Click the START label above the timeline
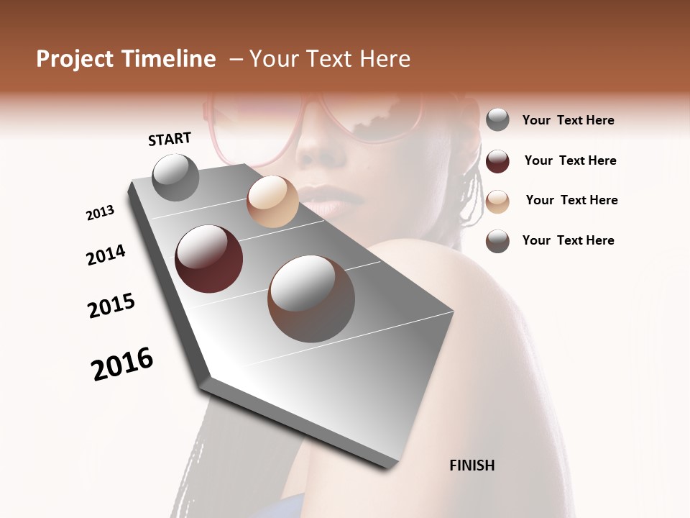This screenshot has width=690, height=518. pyautogui.click(x=170, y=139)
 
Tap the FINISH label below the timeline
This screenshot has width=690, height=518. pyautogui.click(x=471, y=465)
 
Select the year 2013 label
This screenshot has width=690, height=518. pyautogui.click(x=100, y=212)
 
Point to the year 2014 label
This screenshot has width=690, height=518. pyautogui.click(x=106, y=255)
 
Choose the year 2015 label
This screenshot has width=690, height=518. pyautogui.click(x=111, y=305)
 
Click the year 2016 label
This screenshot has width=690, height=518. pyautogui.click(x=122, y=363)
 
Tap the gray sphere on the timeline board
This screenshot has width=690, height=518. pyautogui.click(x=175, y=177)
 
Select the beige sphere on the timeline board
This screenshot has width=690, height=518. pyautogui.click(x=272, y=201)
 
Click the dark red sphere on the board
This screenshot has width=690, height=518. pyautogui.click(x=208, y=259)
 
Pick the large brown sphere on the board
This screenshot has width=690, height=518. pyautogui.click(x=311, y=298)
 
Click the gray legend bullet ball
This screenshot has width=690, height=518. pyautogui.click(x=497, y=120)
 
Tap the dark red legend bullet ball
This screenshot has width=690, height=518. pyautogui.click(x=497, y=160)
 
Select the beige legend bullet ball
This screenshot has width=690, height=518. pyautogui.click(x=497, y=201)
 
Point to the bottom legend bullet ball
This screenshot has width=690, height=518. pyautogui.click(x=497, y=241)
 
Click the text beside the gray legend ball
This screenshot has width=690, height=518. pyautogui.click(x=568, y=120)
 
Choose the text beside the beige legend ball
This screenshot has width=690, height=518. pyautogui.click(x=571, y=200)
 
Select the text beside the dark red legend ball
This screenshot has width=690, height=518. pyautogui.click(x=570, y=160)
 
